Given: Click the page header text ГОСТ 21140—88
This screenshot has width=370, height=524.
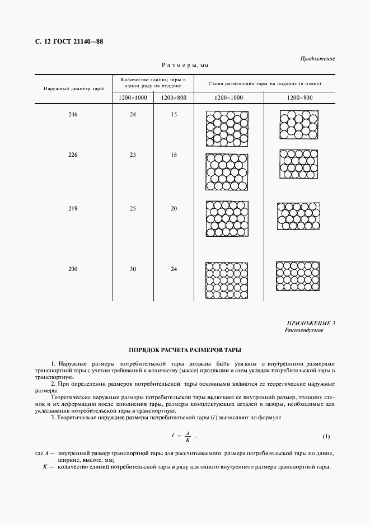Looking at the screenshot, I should pyautogui.click(x=79, y=42).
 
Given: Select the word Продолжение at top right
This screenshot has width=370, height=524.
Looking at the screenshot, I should pyautogui.click(x=317, y=58).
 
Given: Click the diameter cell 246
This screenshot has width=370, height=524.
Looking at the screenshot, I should pyautogui.click(x=73, y=115).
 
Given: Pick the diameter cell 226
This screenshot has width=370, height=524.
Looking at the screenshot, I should pyautogui.click(x=73, y=155).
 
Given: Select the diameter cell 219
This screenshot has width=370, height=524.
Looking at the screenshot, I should pyautogui.click(x=73, y=209).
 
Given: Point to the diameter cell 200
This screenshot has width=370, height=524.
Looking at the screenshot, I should pyautogui.click(x=73, y=269).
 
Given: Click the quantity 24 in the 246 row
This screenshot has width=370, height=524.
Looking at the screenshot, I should pyautogui.click(x=133, y=115).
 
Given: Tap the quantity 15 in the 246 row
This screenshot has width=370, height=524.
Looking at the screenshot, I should pyautogui.click(x=174, y=115).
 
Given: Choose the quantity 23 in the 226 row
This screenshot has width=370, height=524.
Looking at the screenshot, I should pyautogui.click(x=133, y=155).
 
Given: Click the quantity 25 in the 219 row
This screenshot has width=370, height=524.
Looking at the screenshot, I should pyautogui.click(x=133, y=209).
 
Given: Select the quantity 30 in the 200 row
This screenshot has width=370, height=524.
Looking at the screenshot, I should pyautogui.click(x=133, y=269).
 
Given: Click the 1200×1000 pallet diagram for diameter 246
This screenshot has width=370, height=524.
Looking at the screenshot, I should pyautogui.click(x=228, y=127).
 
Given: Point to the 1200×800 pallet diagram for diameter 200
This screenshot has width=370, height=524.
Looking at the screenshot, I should pyautogui.click(x=298, y=275).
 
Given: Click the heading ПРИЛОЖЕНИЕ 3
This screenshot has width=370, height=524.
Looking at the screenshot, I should pyautogui.click(x=311, y=323).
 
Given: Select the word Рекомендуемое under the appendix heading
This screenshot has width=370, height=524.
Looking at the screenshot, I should pyautogui.click(x=305, y=330).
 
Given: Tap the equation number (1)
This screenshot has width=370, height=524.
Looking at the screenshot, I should pyautogui.click(x=327, y=436).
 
